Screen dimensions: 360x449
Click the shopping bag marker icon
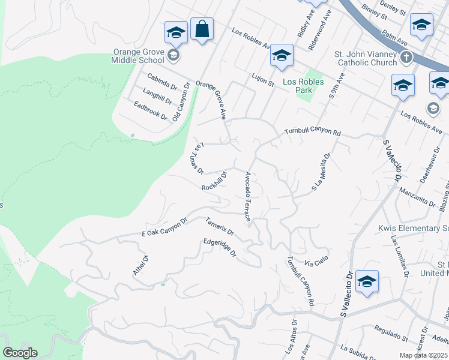click(x=202, y=29)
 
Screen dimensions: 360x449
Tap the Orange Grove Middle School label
click(x=138, y=56)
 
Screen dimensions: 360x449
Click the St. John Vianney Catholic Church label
click(x=366, y=58)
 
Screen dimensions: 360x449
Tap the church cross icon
click(x=406, y=58)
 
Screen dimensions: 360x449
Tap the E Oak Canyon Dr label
click(x=164, y=227)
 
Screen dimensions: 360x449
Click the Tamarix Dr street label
click(x=219, y=227)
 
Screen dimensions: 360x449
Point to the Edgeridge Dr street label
click(x=220, y=248)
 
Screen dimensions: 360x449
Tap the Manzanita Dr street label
click(x=418, y=196)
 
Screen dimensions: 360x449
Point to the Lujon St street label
click(x=262, y=77)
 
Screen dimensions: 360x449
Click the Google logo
click(x=20, y=353)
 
